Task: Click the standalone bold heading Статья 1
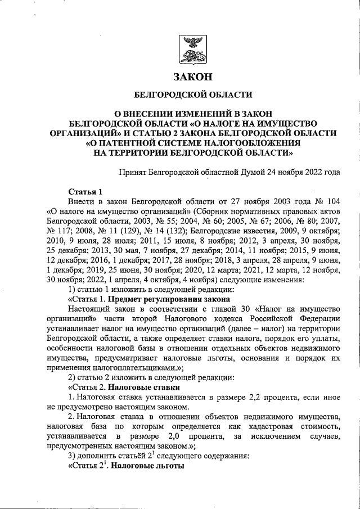84,191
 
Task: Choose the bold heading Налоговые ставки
143,388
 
